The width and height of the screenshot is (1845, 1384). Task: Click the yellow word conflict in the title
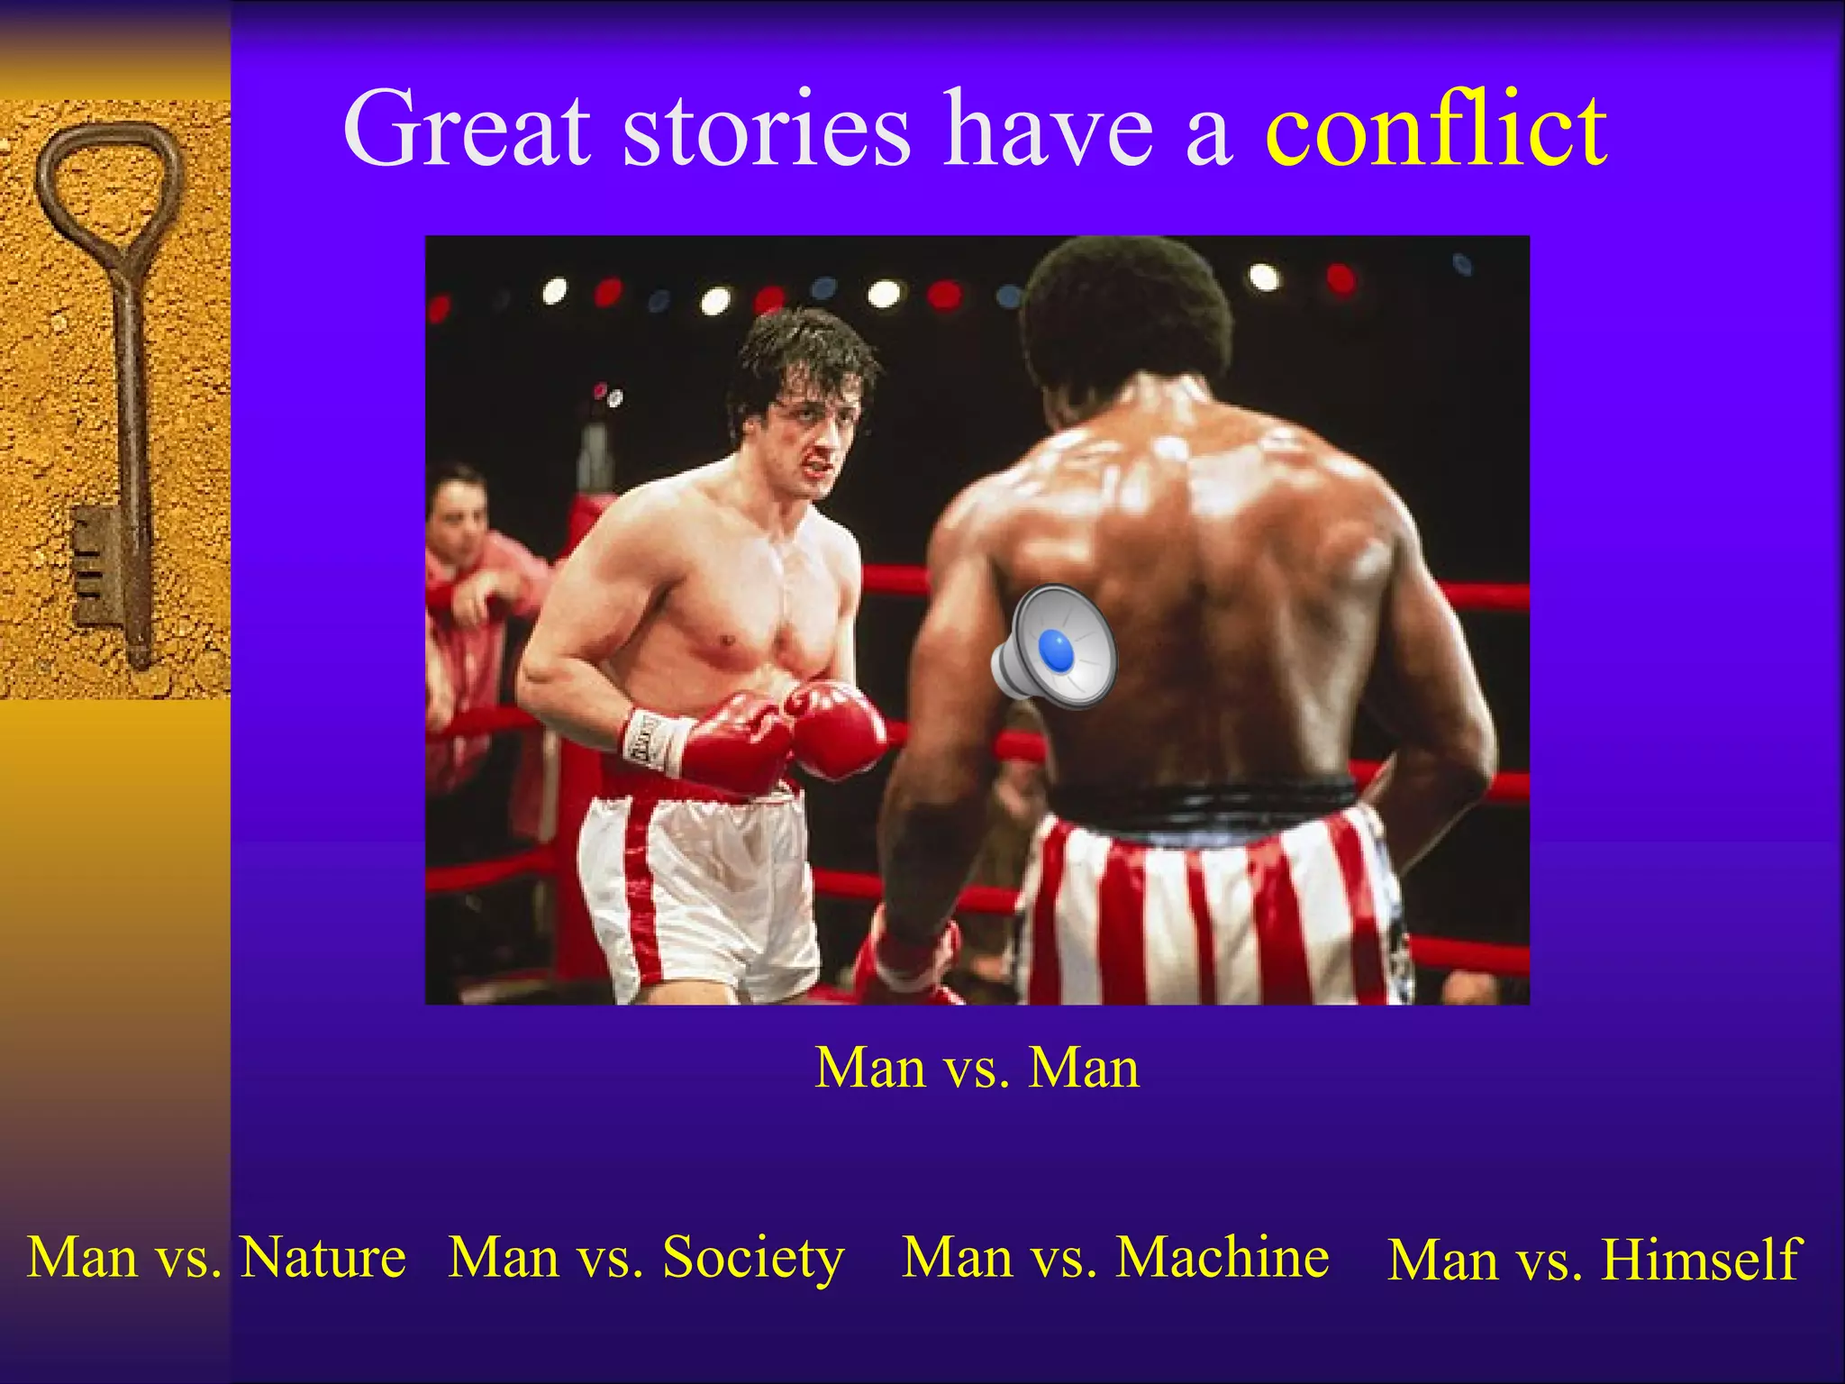tap(1435, 131)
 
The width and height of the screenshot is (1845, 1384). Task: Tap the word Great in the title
tap(467, 131)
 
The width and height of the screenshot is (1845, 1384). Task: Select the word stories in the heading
tap(766, 131)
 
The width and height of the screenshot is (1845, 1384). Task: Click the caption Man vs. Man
tap(977, 1069)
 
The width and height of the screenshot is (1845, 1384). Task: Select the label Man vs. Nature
tap(216, 1258)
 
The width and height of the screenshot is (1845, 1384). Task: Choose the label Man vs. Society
tap(646, 1258)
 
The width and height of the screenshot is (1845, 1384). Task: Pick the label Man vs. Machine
tap(1115, 1258)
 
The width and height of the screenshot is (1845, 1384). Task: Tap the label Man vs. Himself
tap(1594, 1260)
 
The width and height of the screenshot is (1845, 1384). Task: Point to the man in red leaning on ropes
tap(468, 577)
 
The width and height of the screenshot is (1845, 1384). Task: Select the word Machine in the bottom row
tap(1222, 1258)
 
